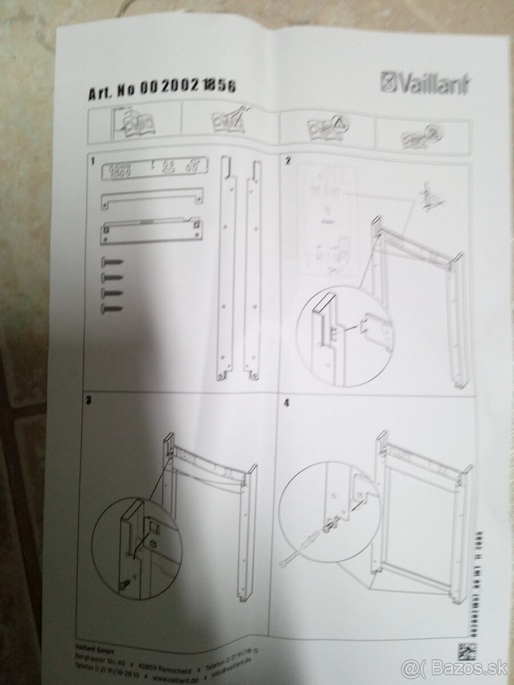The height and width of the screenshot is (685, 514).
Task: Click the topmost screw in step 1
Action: [112, 262]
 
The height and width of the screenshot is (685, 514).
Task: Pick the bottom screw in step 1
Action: [112, 309]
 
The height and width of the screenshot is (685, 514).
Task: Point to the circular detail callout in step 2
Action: [342, 336]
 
